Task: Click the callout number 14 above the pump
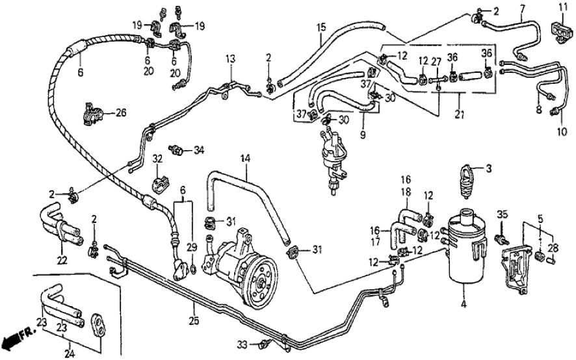click(245, 158)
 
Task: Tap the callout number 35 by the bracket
click(501, 215)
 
